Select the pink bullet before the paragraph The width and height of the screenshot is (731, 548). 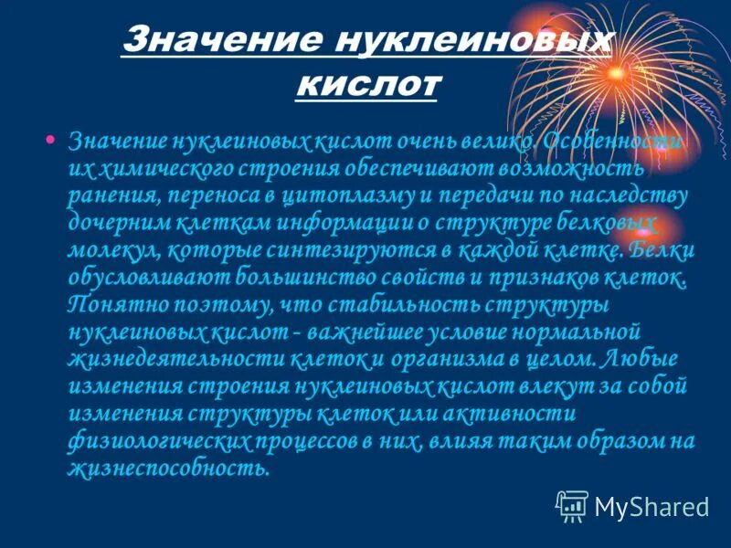pyautogui.click(x=50, y=140)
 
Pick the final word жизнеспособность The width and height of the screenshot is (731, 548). pyautogui.click(x=169, y=469)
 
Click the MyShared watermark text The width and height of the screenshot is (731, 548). pyautogui.click(x=652, y=505)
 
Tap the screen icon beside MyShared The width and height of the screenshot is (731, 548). pyautogui.click(x=573, y=505)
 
